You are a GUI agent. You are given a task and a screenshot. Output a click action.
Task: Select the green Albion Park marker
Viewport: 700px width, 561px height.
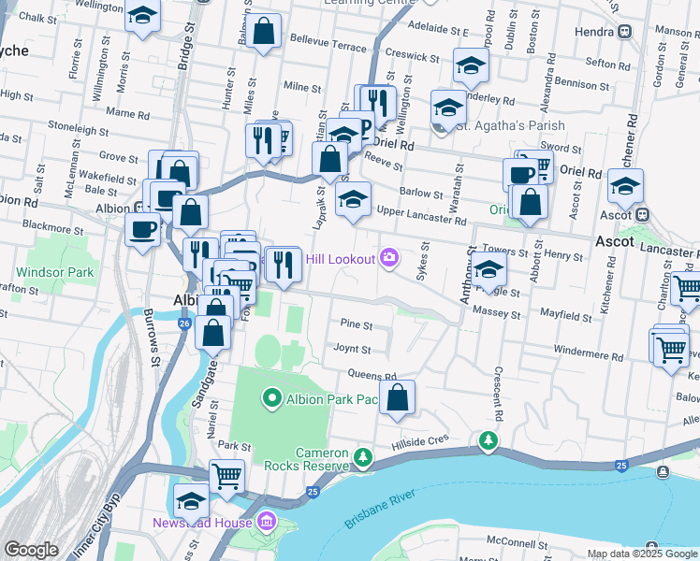272,399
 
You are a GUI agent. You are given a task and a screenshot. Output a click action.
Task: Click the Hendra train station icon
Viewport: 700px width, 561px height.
624,31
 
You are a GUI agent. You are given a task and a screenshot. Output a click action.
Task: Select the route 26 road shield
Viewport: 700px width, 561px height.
184,324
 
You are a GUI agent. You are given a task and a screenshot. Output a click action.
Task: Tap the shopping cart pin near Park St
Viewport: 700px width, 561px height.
226,476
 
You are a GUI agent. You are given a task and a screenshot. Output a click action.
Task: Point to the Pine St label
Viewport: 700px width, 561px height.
357,326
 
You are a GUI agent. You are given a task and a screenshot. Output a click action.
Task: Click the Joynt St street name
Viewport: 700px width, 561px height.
352,350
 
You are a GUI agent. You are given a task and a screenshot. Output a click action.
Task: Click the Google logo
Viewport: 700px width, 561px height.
31,550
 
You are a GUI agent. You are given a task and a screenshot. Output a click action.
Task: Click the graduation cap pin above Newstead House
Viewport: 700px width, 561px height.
192,500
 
